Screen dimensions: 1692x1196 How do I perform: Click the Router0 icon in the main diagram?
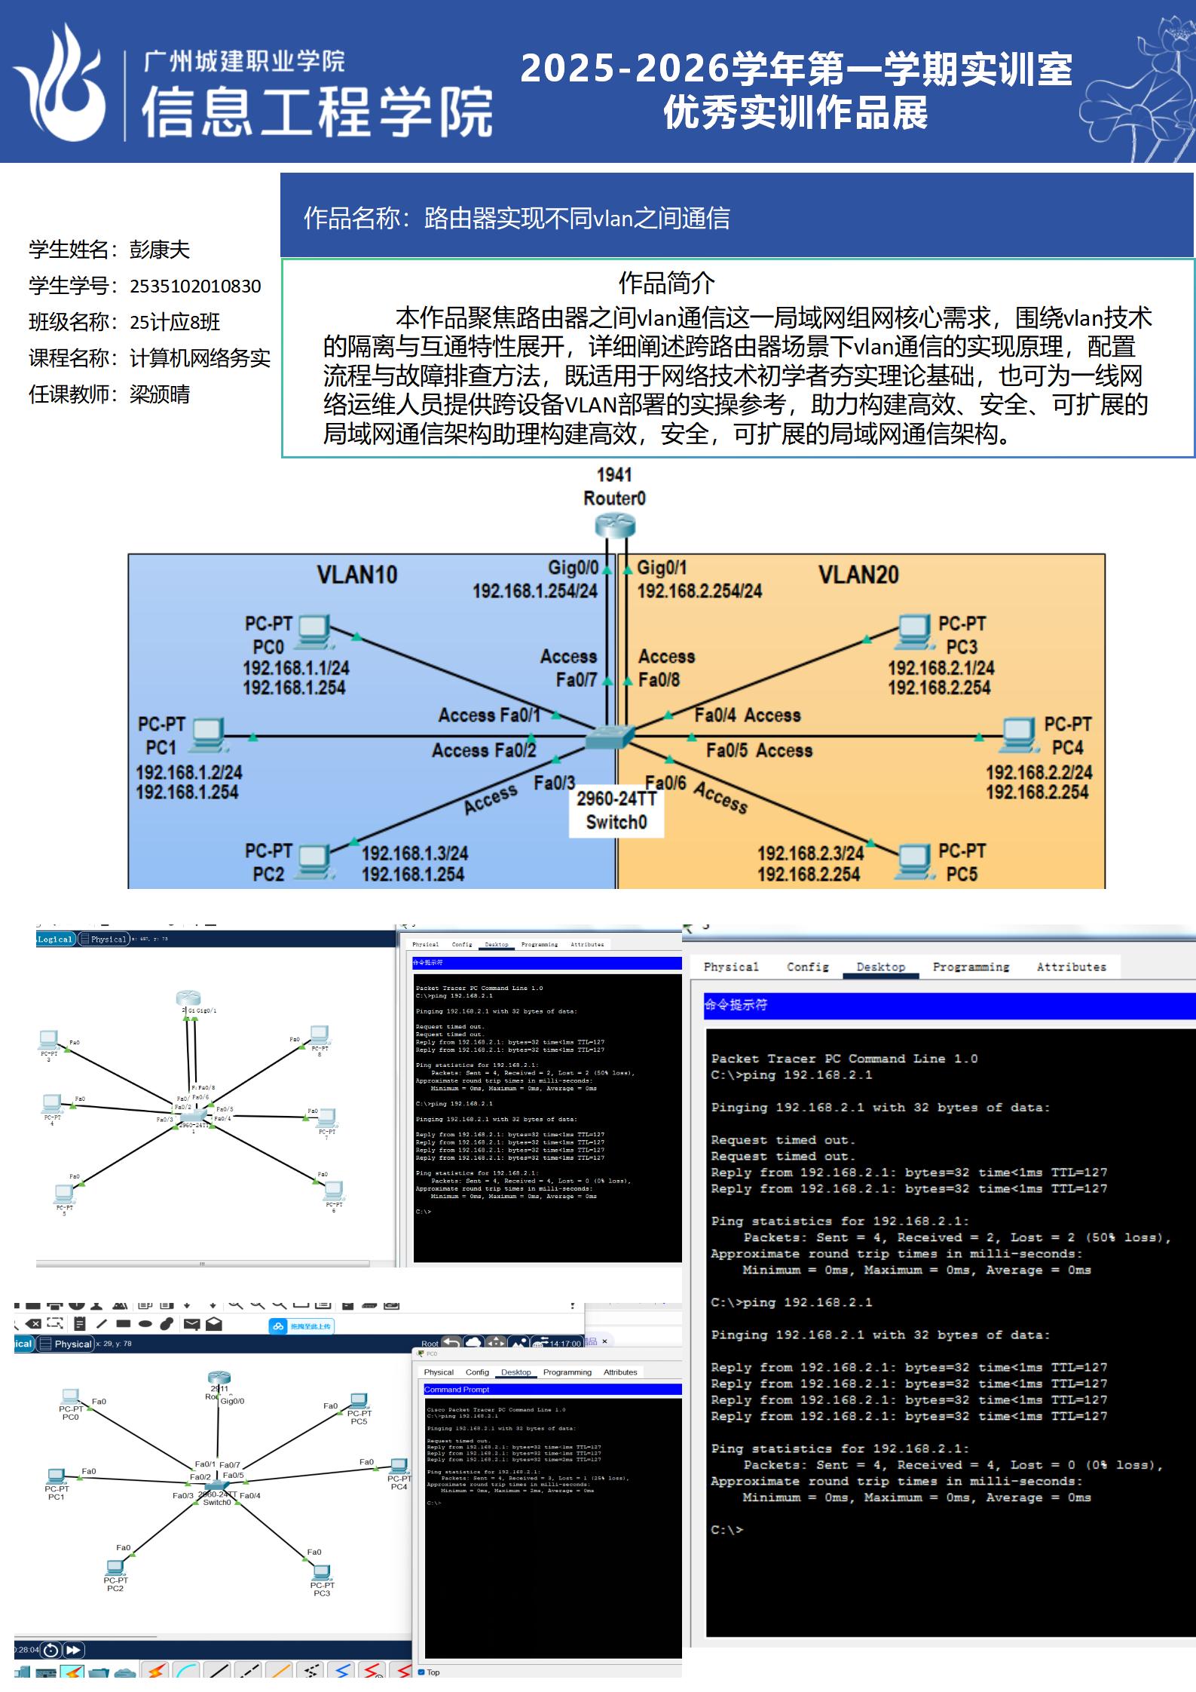point(614,526)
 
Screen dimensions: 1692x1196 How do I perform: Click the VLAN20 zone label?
point(858,575)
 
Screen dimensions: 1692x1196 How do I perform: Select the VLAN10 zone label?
point(356,575)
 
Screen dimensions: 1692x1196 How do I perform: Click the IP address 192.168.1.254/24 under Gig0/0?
point(534,591)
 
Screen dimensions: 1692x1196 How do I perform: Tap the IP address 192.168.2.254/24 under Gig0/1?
point(699,591)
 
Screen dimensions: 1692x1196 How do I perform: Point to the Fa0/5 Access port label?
point(759,750)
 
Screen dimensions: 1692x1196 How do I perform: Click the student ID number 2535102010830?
point(195,287)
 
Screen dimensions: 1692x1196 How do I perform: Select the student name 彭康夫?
point(160,250)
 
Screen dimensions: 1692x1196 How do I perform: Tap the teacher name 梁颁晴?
point(160,394)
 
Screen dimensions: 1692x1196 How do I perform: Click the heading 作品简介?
point(666,284)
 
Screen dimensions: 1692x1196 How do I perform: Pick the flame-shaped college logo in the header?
point(60,83)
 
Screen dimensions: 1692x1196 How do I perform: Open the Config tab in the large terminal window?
point(807,967)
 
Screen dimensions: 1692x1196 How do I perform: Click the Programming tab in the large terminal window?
point(971,967)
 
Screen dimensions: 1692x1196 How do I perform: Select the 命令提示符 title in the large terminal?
point(736,1004)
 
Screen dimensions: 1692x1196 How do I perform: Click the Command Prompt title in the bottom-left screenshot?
point(457,1390)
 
